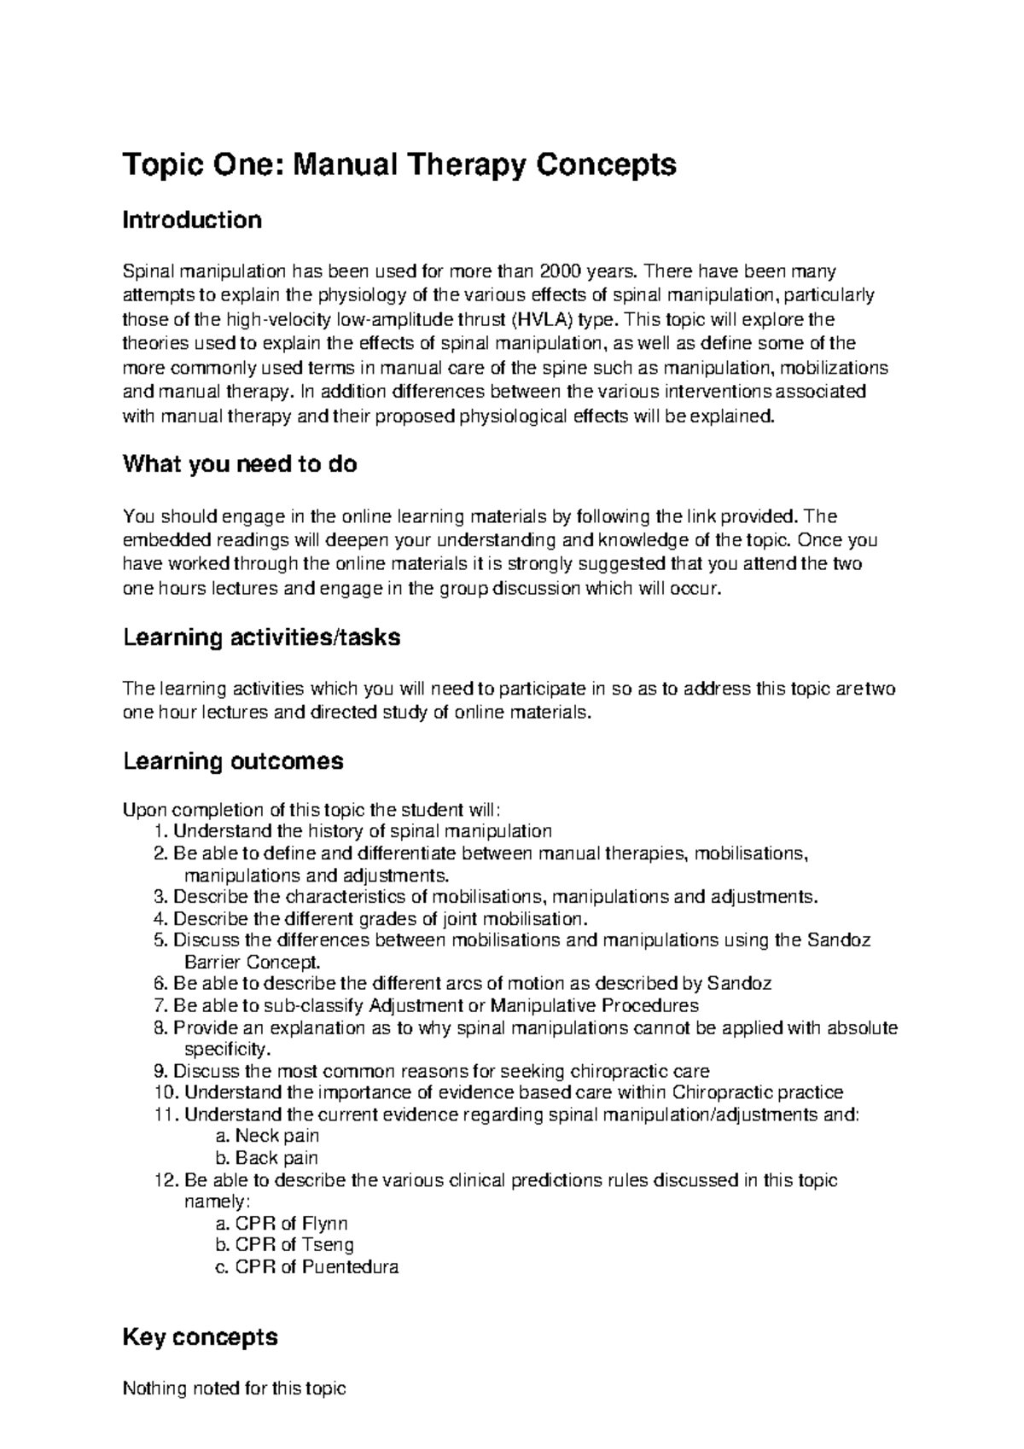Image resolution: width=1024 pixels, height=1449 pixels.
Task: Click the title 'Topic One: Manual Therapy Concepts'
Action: [399, 164]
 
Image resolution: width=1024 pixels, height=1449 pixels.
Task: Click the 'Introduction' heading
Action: [192, 220]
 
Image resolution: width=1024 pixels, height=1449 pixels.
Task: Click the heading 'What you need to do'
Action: [240, 465]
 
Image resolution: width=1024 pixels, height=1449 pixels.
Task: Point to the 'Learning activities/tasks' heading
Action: [261, 637]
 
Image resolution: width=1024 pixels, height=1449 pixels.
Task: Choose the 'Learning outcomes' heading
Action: [233, 761]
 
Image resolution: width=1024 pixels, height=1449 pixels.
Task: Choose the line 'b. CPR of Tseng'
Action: [284, 1245]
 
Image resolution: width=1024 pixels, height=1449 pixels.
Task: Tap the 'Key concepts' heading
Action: [201, 1336]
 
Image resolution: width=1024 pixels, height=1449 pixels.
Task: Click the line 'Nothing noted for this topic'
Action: [235, 1388]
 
